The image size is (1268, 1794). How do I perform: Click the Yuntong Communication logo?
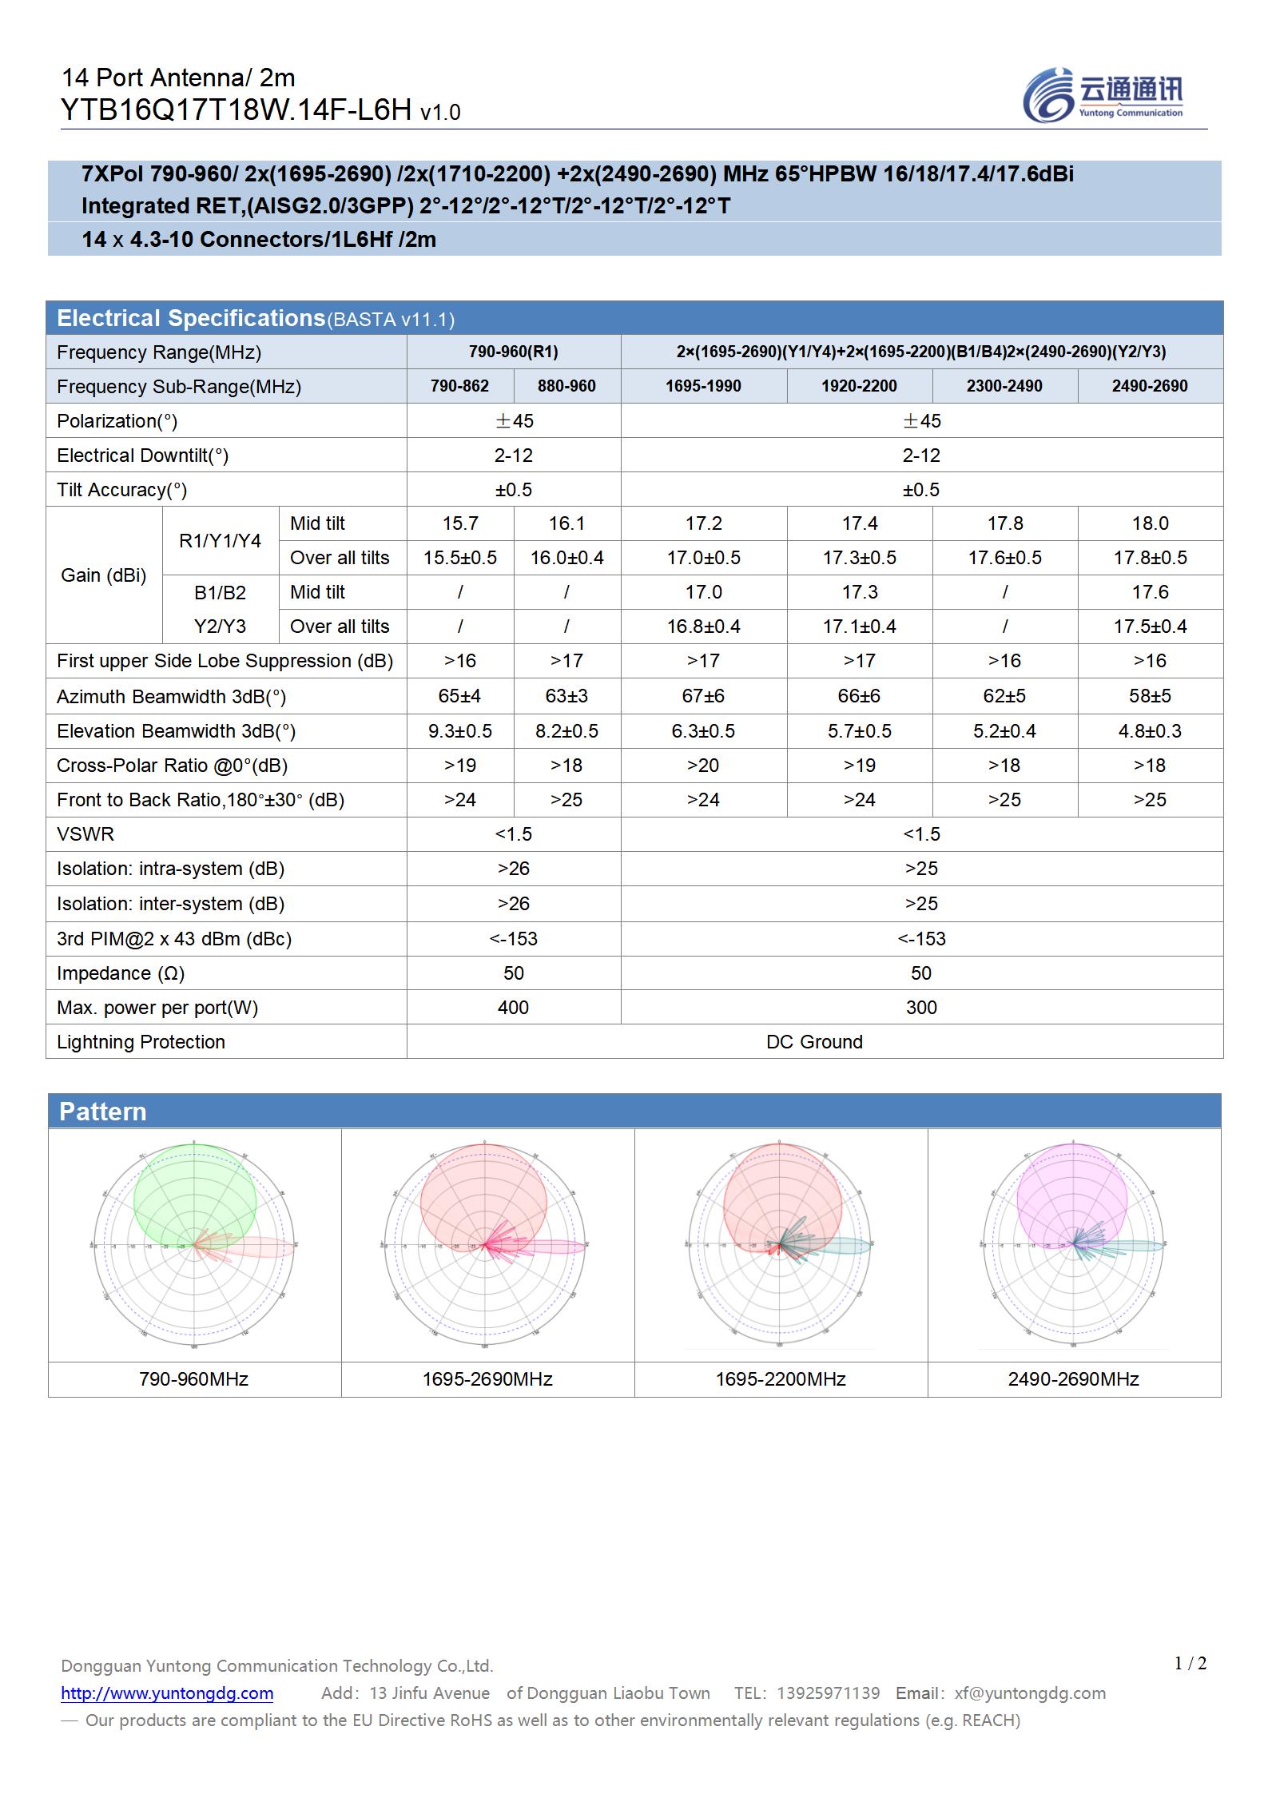pyautogui.click(x=1103, y=95)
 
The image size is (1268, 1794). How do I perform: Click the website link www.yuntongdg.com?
pyautogui.click(x=167, y=1693)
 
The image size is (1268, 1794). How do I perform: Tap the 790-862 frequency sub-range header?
pyautogui.click(x=459, y=386)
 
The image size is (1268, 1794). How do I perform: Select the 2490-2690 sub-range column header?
pyautogui.click(x=1149, y=386)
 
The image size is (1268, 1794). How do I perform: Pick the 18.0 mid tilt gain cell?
pyautogui.click(x=1149, y=523)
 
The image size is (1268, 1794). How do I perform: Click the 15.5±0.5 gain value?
pyautogui.click(x=459, y=558)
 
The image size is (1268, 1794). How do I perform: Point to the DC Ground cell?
pyautogui.click(x=814, y=1042)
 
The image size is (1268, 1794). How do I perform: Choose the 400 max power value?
pyautogui.click(x=513, y=1008)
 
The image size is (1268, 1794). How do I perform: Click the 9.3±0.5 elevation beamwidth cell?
pyautogui.click(x=459, y=731)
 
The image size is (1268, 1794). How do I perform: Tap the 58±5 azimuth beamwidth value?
pyautogui.click(x=1149, y=696)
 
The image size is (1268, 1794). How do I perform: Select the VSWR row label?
pyautogui.click(x=85, y=834)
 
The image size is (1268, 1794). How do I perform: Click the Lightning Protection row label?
pyautogui.click(x=141, y=1042)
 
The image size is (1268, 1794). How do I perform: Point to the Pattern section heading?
pyautogui.click(x=103, y=1112)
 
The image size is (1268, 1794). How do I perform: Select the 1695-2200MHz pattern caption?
pyautogui.click(x=780, y=1379)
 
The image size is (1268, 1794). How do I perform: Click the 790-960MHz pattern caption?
pyautogui.click(x=193, y=1379)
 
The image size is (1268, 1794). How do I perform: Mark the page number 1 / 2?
pyautogui.click(x=1190, y=1664)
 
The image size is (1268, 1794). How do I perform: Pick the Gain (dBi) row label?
pyautogui.click(x=104, y=575)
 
